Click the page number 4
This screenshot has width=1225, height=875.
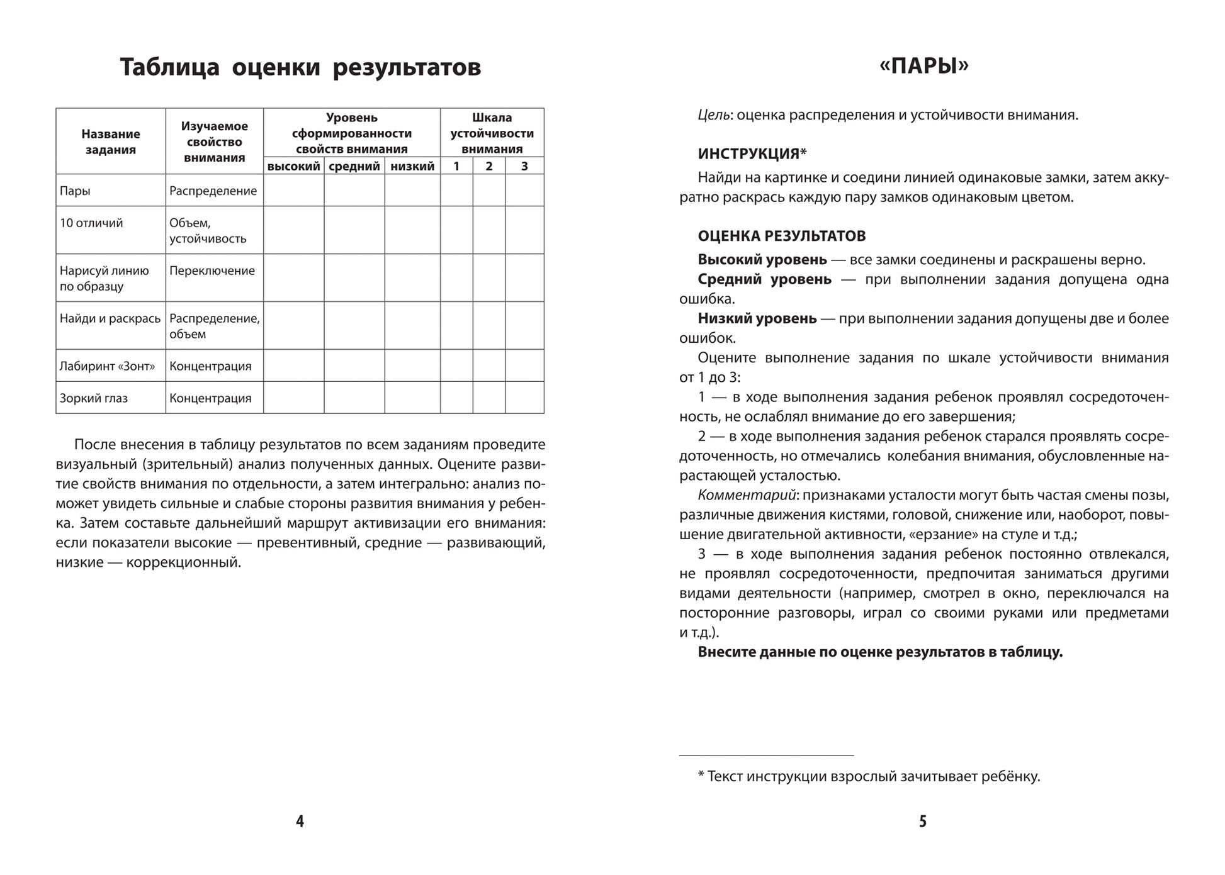[300, 821]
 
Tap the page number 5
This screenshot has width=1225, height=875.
[923, 821]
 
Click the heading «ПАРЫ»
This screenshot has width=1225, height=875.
[923, 66]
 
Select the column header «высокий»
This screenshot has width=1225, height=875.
[293, 166]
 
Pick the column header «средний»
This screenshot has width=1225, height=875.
[354, 166]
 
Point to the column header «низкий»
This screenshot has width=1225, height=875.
[412, 166]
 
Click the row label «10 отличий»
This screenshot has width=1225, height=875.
[91, 223]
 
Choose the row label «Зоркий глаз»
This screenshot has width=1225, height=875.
[94, 398]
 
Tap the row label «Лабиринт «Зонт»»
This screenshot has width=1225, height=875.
[107, 366]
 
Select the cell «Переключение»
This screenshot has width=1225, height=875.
[212, 271]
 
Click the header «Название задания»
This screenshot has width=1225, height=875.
[111, 142]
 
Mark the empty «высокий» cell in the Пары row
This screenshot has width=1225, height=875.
[293, 191]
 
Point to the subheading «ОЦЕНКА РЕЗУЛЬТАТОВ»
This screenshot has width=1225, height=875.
[781, 237]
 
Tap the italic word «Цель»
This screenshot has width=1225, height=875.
[714, 115]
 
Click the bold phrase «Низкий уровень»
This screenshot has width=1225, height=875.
[757, 319]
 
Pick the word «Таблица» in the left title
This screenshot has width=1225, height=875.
[169, 67]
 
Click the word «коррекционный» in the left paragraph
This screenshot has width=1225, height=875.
[183, 562]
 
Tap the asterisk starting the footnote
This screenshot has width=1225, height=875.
[701, 775]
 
